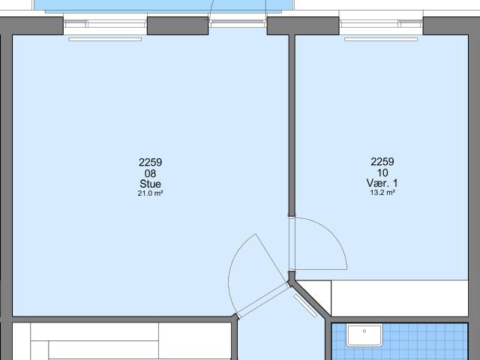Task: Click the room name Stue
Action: point(150,184)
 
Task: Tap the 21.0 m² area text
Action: point(150,193)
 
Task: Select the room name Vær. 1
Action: point(382,183)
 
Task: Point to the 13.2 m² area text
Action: point(382,193)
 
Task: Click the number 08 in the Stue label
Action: point(150,173)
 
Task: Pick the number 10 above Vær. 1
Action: point(382,173)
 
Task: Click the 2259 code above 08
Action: point(150,162)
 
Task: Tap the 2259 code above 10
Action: point(382,162)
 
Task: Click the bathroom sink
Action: point(364,335)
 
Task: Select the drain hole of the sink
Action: point(364,331)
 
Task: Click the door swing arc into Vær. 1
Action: point(333,233)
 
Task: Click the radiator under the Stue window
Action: point(105,39)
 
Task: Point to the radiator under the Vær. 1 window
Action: point(381,39)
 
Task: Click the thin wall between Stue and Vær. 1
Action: point(292,125)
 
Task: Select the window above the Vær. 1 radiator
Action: point(381,23)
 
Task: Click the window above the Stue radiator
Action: point(105,23)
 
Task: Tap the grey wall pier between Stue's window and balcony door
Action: point(178,25)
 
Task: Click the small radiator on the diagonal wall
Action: point(305,306)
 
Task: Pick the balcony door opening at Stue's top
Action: point(238,23)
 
